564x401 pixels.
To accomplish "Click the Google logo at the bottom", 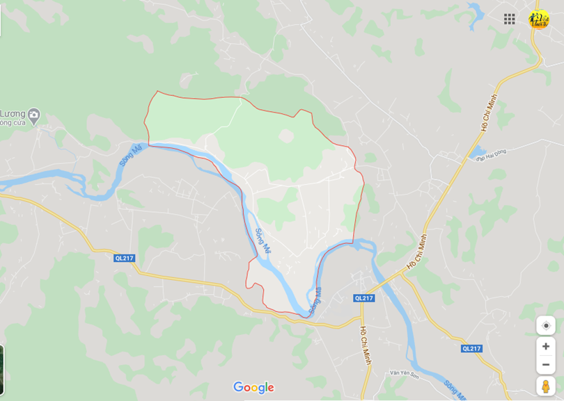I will pyautogui.click(x=253, y=388).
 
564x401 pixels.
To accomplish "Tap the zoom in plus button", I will pyautogui.click(x=546, y=346).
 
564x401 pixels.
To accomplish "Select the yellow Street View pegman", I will pyautogui.click(x=546, y=386).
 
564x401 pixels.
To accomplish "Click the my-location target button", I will pyautogui.click(x=546, y=325).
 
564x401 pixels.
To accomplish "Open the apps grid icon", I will pyautogui.click(x=510, y=19).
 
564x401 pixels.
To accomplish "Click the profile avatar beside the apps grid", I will pyautogui.click(x=538, y=19).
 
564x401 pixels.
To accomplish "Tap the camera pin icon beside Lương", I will pyautogui.click(x=34, y=114).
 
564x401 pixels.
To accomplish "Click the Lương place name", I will pyautogui.click(x=12, y=114).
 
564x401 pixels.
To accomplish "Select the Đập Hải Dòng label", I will pyautogui.click(x=491, y=154).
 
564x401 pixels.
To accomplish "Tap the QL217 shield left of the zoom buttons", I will pyautogui.click(x=471, y=348).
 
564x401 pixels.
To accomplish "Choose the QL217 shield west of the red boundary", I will pyautogui.click(x=124, y=258).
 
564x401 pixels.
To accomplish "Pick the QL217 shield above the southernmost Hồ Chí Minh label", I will pyautogui.click(x=363, y=297).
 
